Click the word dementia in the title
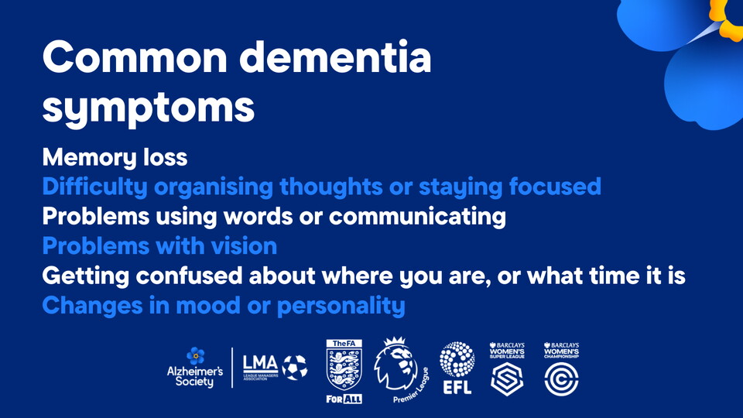[x=335, y=57]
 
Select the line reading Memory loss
[x=115, y=158]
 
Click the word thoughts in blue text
[x=330, y=187]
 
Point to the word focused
[x=555, y=187]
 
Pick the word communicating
[x=417, y=217]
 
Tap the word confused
[x=189, y=276]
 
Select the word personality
[x=341, y=307]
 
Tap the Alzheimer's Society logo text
[x=195, y=376]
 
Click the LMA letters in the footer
[x=260, y=364]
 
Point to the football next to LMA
[x=295, y=368]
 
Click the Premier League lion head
[x=396, y=364]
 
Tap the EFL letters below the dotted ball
[x=457, y=387]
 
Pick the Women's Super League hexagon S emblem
[x=507, y=379]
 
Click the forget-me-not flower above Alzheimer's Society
[x=195, y=356]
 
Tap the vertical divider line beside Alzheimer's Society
[x=232, y=368]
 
